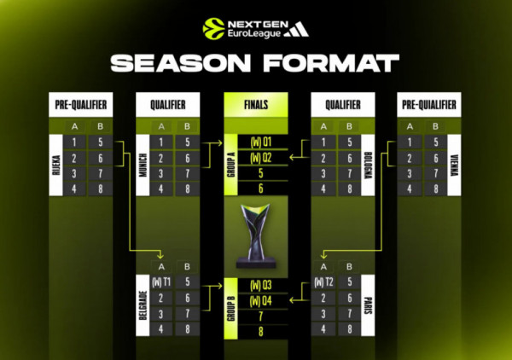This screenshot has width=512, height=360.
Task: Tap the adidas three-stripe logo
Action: pos(296,29)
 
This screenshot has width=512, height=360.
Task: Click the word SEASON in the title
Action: pos(181,62)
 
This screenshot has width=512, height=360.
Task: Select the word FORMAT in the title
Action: pos(331,62)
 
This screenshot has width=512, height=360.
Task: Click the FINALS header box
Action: pos(256,104)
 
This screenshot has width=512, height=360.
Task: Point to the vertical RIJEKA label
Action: pos(55,165)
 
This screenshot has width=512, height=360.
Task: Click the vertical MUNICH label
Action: pos(143,165)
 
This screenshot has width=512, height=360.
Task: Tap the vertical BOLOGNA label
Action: pos(368,165)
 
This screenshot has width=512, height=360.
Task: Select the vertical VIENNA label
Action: pos(454,165)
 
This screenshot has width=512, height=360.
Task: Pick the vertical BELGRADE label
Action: pos(143,305)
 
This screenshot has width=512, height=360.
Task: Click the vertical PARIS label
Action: pos(368,305)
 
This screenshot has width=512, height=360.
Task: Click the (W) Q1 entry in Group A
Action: pos(261,142)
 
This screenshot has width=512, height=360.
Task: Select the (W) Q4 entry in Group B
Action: pos(261,300)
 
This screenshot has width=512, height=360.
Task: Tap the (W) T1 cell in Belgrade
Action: pos(161,282)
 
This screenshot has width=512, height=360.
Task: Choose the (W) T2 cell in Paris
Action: pos(323,282)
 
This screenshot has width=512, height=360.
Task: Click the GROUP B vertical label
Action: pos(231,309)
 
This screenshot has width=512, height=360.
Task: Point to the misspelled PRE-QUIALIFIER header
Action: pos(429,104)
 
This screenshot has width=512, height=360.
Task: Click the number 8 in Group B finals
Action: pos(260,332)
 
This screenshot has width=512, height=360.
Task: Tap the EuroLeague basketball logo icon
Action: pos(214,29)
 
